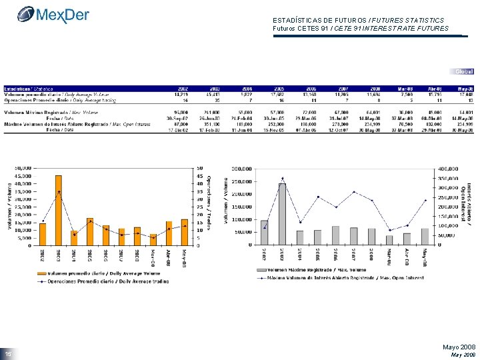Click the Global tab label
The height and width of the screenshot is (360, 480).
[x=463, y=71]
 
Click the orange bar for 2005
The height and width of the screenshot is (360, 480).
[x=90, y=231]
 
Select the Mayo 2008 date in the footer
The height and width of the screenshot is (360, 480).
[x=459, y=347]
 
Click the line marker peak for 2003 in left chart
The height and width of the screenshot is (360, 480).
[x=59, y=192]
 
